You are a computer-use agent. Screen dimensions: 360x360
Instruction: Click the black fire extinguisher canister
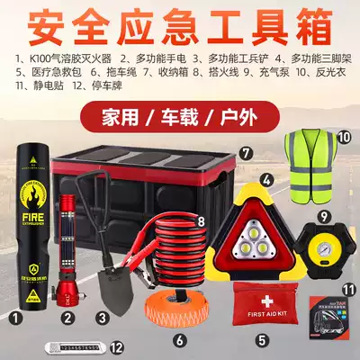point(33,234)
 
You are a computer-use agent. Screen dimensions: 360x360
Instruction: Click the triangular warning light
point(260,226)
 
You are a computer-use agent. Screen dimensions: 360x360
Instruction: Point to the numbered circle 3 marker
point(103,316)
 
